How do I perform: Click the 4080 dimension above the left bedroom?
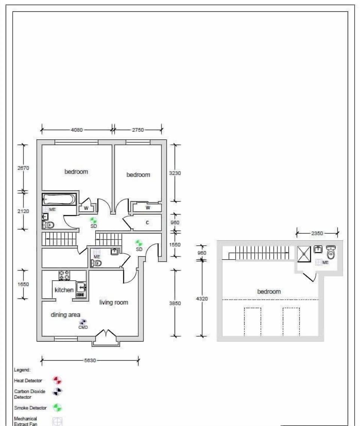[76, 130]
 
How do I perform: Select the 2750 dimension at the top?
[138, 130]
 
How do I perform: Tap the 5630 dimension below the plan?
[90, 360]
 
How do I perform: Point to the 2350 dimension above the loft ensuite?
[317, 233]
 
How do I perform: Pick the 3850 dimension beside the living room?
[175, 303]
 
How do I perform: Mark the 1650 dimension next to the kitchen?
[23, 284]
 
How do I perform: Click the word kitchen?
[64, 290]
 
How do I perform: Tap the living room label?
[114, 302]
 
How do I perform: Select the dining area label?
[65, 315]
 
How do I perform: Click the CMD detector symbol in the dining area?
[83, 322]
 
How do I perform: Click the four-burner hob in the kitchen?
[64, 275]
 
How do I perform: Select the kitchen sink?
[81, 288]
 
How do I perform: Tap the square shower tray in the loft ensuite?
[304, 254]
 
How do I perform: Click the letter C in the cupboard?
[147, 223]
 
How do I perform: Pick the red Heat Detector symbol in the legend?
[57, 381]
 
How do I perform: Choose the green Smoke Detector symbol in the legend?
[57, 408]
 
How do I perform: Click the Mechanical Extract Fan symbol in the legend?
[57, 421]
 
